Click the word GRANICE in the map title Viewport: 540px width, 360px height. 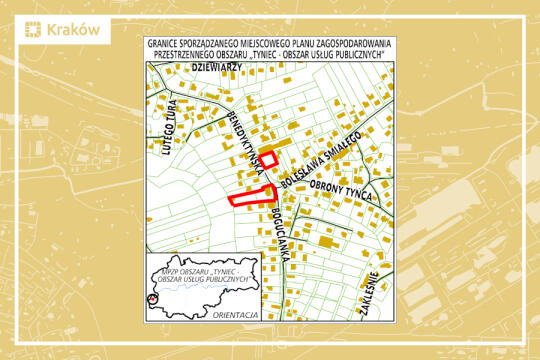click(x=166, y=44)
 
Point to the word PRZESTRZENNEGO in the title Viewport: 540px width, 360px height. click(x=185, y=55)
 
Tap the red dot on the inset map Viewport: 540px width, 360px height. click(x=153, y=297)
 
